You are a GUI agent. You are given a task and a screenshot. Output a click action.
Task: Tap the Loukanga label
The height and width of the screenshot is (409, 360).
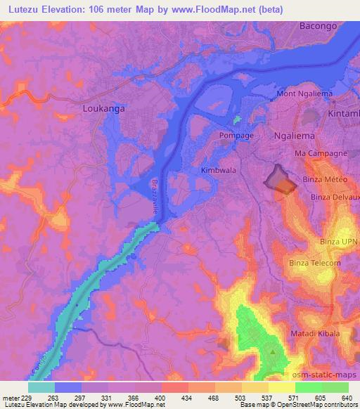point(103,109)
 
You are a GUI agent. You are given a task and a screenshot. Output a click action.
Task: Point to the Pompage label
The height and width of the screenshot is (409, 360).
point(236,134)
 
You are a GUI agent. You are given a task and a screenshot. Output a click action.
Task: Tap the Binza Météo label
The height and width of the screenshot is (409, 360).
point(325,179)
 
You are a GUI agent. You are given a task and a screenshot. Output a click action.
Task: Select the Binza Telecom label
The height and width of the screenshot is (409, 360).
point(314,264)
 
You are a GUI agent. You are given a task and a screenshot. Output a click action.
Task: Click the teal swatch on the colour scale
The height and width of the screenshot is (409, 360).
point(41,387)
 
